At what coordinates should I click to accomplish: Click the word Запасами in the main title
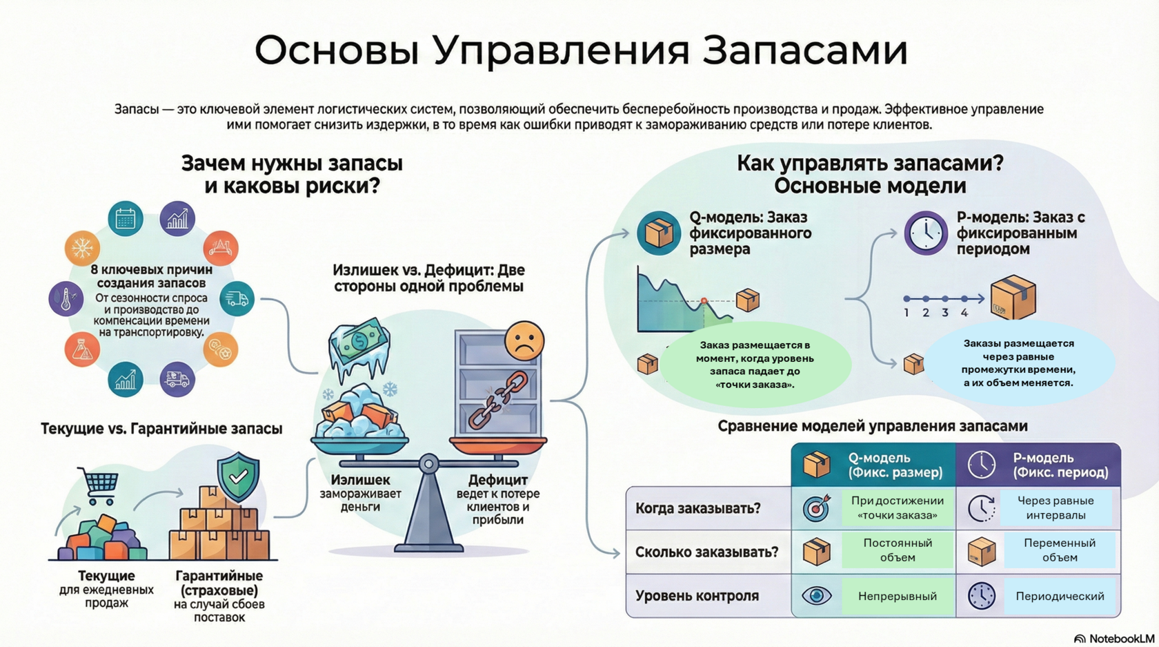(804, 50)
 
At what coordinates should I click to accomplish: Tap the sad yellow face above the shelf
(524, 340)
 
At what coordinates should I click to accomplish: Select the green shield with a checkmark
(238, 476)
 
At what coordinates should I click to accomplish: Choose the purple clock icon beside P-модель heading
(926, 233)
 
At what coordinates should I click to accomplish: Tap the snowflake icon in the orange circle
(82, 248)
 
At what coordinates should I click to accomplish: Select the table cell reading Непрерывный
(897, 596)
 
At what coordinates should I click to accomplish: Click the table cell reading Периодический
(1059, 596)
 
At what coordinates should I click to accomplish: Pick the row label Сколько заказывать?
(706, 552)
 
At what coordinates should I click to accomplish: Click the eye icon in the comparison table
(816, 595)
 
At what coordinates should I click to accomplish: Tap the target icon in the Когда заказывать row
(817, 508)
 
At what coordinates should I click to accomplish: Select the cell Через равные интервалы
(1059, 508)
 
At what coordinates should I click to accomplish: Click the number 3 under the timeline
(945, 313)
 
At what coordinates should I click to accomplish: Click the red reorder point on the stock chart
(704, 301)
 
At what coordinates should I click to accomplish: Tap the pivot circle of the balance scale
(428, 463)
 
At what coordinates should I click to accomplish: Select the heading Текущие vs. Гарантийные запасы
(161, 429)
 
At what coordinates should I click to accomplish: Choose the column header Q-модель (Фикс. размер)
(895, 465)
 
